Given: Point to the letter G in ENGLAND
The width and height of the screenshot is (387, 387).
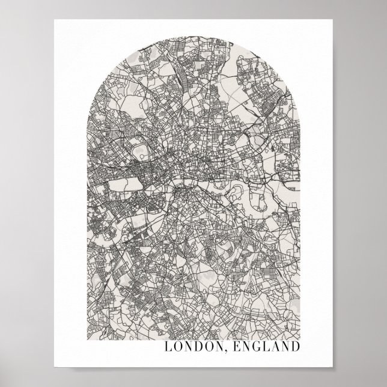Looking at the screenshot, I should click(249, 347).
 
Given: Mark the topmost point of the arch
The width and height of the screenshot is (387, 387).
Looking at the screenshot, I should click(194, 40).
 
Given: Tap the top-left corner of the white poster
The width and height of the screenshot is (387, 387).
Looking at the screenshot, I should click(54, 20).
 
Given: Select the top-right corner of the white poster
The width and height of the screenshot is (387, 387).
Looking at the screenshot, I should click(333, 20).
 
